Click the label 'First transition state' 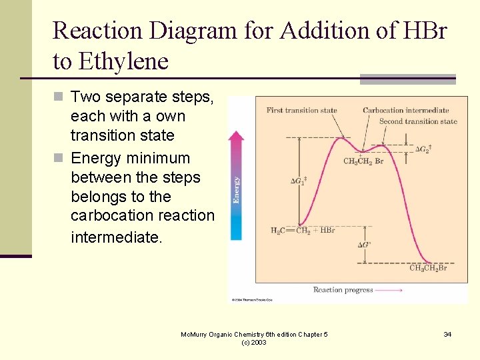pos(301,110)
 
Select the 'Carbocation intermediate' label pos(405,110)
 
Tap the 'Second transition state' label pos(418,121)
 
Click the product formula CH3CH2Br pos(428,268)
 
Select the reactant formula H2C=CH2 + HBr pos(302,231)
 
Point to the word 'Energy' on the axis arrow pos(237,189)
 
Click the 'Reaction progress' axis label pos(343,290)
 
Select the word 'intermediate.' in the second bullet pos(116,237)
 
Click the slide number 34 pos(447,334)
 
